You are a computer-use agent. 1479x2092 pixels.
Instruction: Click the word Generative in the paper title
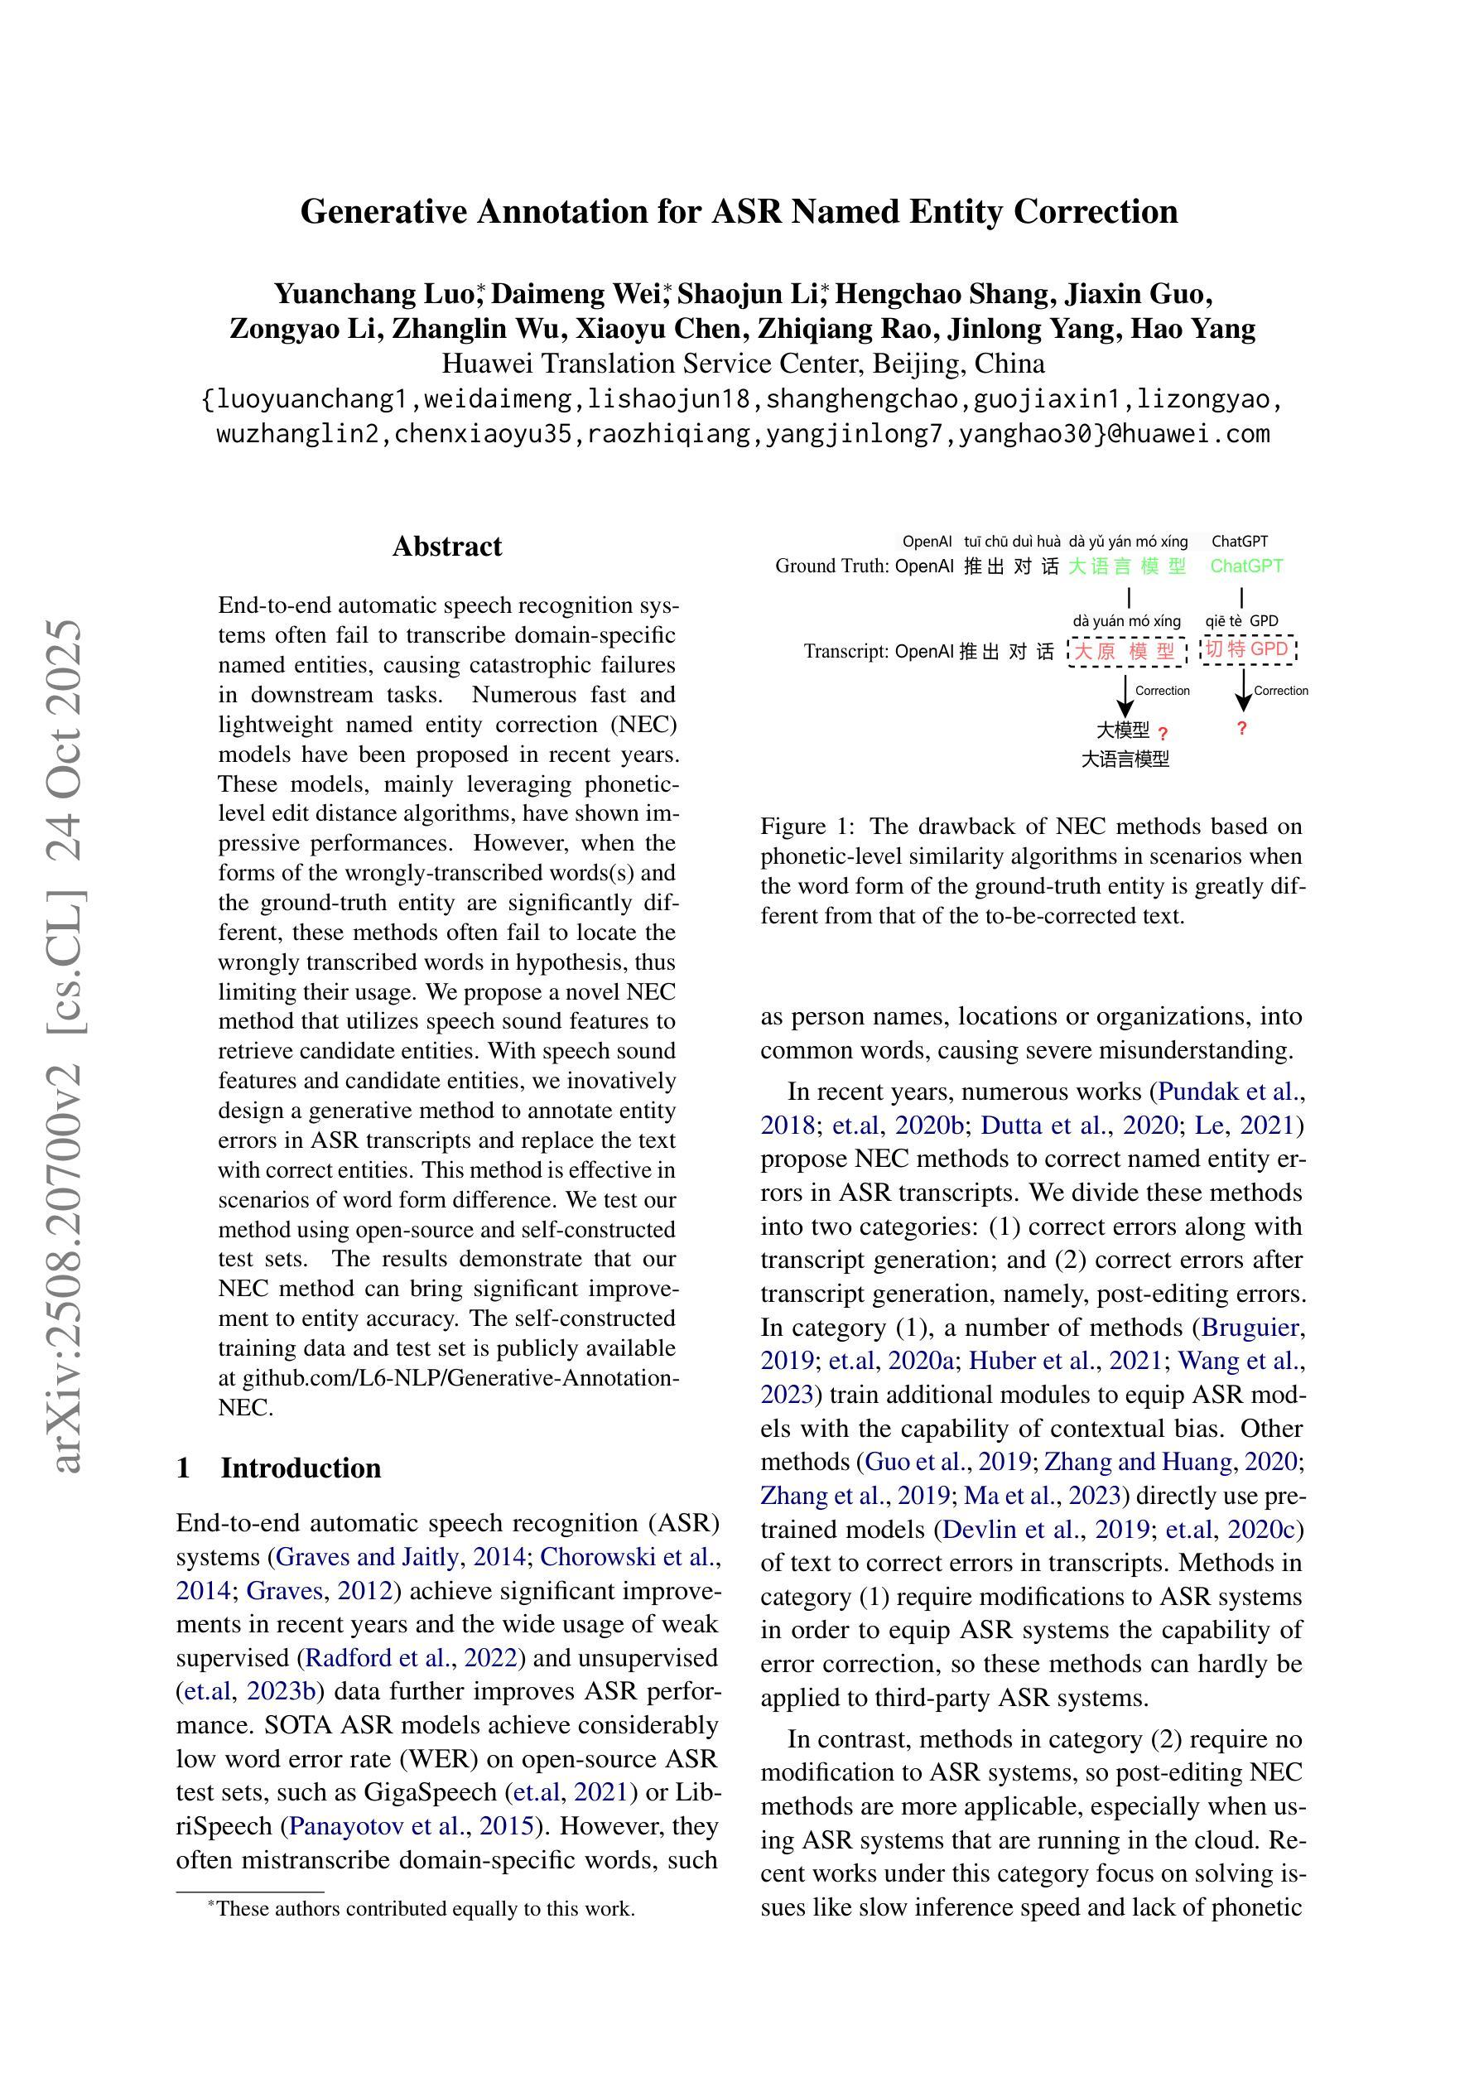(383, 212)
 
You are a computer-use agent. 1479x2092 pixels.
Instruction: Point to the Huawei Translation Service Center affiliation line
(743, 364)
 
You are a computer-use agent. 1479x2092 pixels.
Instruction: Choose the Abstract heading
(446, 547)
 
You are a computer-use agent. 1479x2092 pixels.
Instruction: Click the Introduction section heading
(300, 1468)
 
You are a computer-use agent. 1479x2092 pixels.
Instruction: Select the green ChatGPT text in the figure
(1245, 566)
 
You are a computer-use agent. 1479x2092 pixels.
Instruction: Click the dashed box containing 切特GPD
(1246, 649)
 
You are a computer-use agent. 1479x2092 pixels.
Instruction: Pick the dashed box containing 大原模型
(1126, 652)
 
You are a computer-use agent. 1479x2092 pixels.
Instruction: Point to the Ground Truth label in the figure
(831, 566)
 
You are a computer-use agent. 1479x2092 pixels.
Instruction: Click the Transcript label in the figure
(845, 652)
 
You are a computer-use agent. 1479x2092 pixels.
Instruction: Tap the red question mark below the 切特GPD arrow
(1241, 728)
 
